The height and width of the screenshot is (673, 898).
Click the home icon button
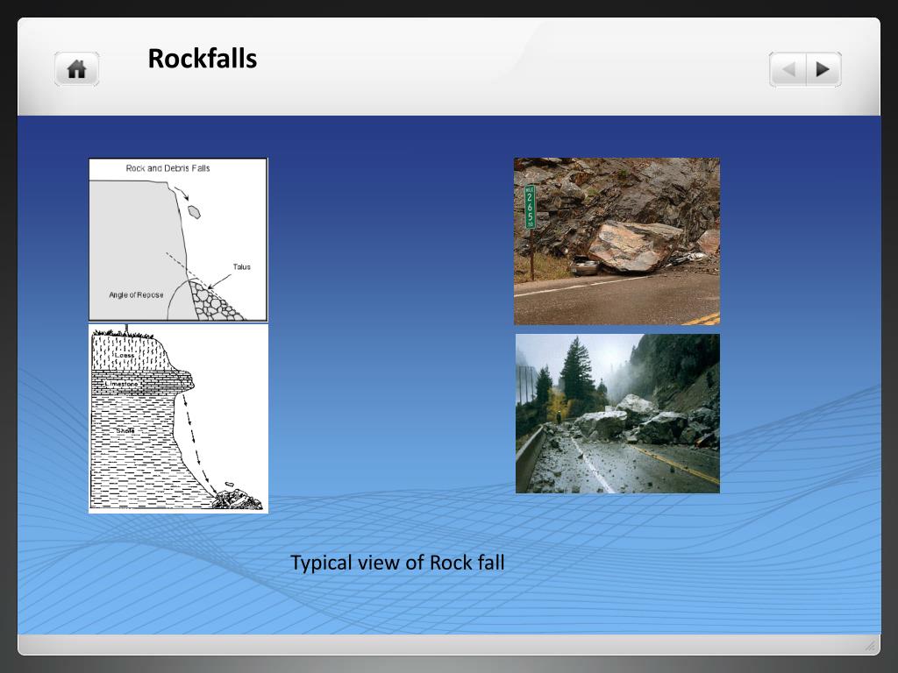[77, 69]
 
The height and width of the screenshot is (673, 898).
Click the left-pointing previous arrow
[788, 69]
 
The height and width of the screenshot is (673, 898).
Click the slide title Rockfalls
[202, 59]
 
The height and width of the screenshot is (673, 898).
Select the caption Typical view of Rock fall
[397, 563]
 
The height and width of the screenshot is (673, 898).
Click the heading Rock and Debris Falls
[168, 168]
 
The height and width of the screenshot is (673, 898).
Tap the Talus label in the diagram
[241, 266]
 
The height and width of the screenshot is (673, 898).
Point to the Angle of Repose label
[136, 295]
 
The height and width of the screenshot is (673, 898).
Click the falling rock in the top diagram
[195, 211]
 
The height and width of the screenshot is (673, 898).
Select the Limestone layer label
[122, 384]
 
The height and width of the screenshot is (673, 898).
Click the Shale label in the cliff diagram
[128, 431]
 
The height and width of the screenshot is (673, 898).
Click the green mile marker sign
[530, 207]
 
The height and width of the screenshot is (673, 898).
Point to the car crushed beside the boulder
[584, 265]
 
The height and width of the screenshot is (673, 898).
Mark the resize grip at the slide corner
[870, 646]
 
